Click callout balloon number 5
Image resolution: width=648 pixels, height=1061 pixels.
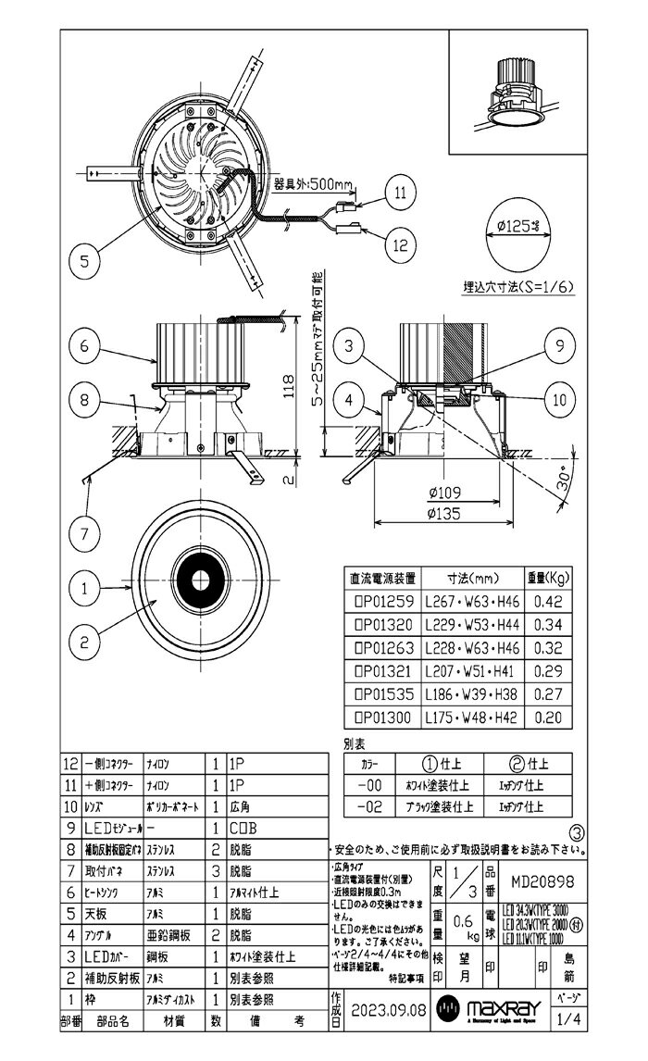click(84, 262)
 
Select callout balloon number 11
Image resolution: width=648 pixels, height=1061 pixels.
click(399, 193)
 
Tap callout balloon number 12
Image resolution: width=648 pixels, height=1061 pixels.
click(399, 245)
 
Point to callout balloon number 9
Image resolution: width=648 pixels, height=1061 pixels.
click(560, 347)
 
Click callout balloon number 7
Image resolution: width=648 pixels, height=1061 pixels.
click(84, 534)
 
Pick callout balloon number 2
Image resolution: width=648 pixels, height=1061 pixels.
click(84, 638)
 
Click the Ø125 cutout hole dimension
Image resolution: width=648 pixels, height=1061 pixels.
click(522, 226)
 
